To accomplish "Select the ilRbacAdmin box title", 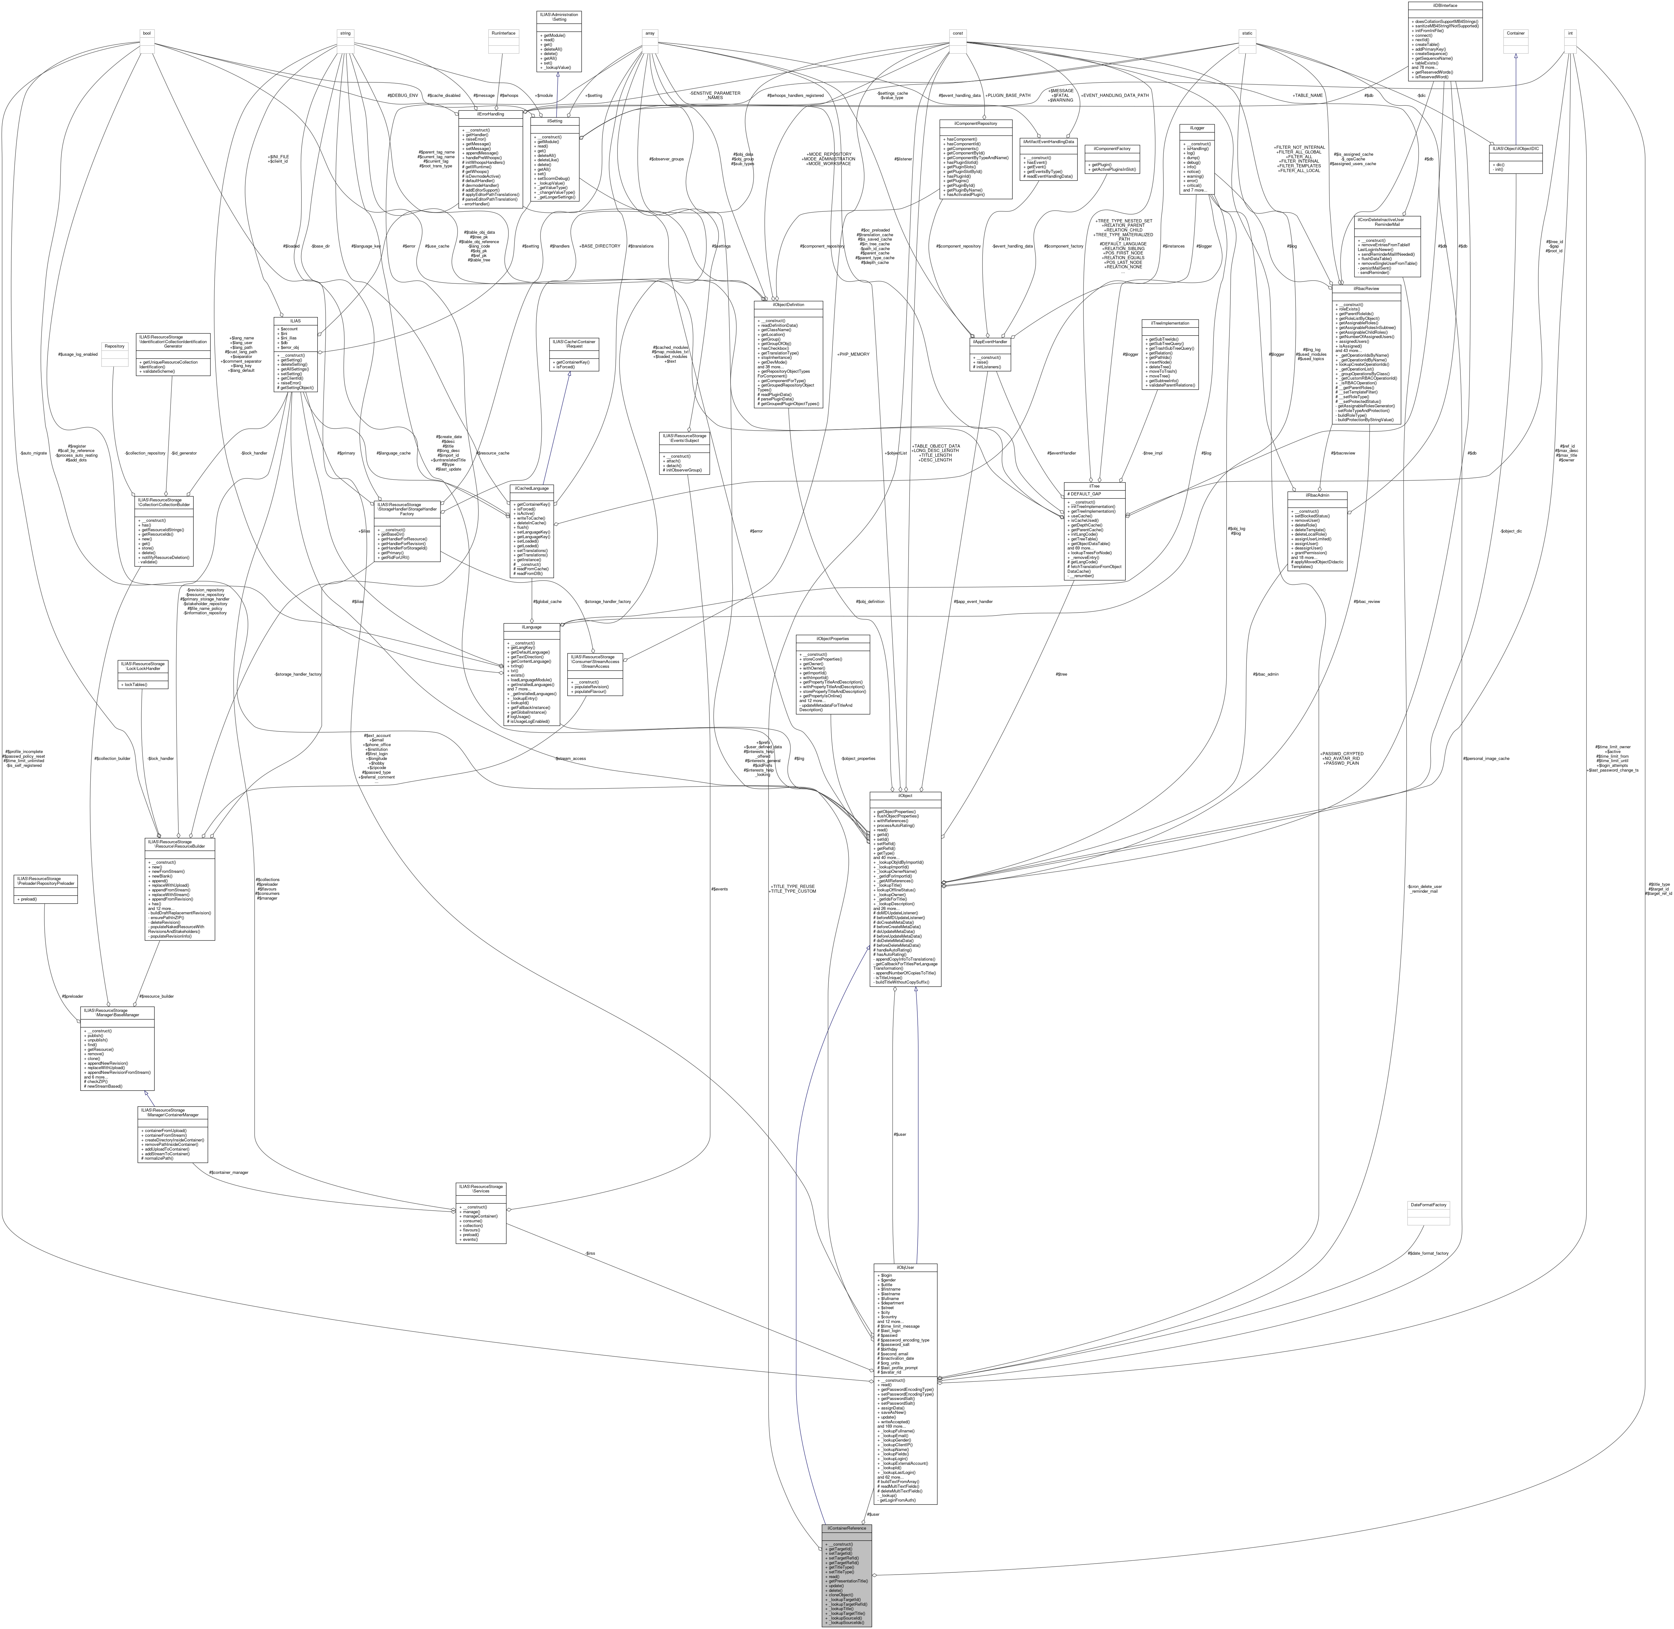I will pos(1318,494).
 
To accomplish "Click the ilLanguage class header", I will pos(532,627).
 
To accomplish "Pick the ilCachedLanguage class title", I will pos(532,488).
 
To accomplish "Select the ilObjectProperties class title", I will pos(832,638).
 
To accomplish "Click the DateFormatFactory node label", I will pos(1428,1205).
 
